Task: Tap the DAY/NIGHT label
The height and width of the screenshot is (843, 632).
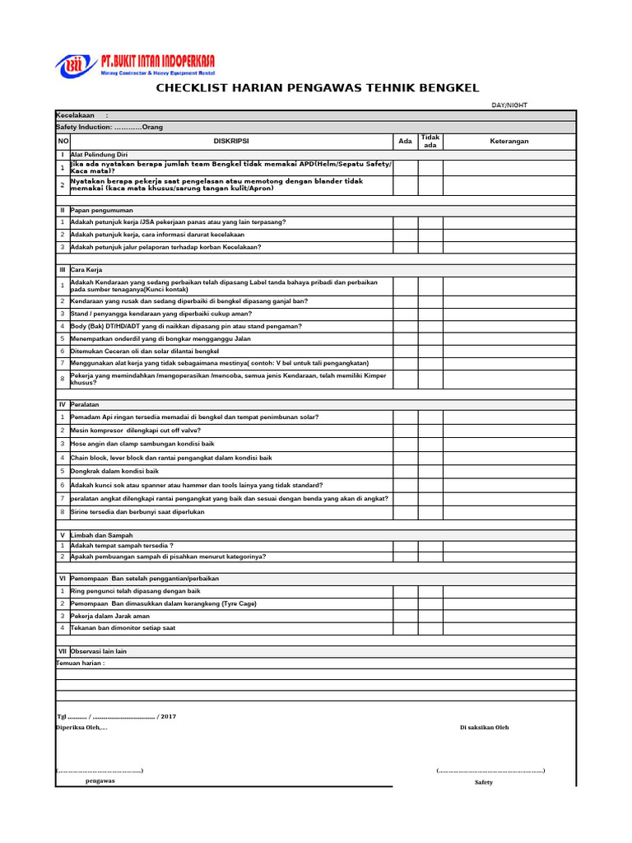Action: [x=510, y=105]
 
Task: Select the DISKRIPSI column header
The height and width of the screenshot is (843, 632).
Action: [x=231, y=141]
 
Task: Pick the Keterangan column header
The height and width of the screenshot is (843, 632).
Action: [x=509, y=141]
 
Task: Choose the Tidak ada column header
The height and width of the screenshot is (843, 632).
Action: [x=430, y=141]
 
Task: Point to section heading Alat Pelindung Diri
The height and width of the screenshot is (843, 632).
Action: [x=99, y=155]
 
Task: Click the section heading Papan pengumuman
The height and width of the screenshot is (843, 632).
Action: [x=101, y=210]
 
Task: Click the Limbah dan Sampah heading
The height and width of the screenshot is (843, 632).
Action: [x=101, y=535]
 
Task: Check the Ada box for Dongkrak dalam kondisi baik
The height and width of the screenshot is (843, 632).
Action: [x=405, y=471]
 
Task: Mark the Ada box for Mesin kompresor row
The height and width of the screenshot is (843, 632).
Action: [x=405, y=431]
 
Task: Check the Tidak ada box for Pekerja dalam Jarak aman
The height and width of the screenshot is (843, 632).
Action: [x=430, y=616]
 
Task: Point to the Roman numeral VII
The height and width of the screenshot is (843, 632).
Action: [x=62, y=651]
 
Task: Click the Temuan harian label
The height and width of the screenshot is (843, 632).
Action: [x=80, y=663]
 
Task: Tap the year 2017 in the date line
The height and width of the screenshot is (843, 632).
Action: [x=168, y=717]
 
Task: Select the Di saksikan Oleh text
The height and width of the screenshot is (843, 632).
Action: [x=484, y=728]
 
